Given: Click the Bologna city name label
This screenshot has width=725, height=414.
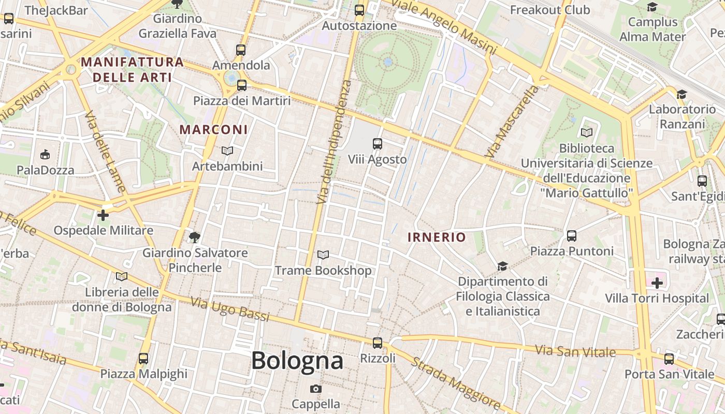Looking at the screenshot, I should pyautogui.click(x=297, y=361).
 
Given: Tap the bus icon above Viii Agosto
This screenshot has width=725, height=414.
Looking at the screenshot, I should pyautogui.click(x=378, y=144).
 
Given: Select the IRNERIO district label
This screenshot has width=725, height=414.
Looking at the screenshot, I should pyautogui.click(x=437, y=238).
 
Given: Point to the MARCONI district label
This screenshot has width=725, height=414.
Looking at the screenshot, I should pyautogui.click(x=213, y=129).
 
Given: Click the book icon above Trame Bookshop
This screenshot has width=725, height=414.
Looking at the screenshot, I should pyautogui.click(x=323, y=255).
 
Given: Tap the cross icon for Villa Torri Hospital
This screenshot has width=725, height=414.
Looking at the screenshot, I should pyautogui.click(x=657, y=283).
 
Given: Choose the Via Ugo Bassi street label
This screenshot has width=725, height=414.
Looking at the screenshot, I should pyautogui.click(x=229, y=309).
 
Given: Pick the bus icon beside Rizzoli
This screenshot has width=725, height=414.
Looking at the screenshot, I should pyautogui.click(x=378, y=343).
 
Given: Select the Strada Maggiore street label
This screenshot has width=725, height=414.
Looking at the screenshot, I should pyautogui.click(x=455, y=381).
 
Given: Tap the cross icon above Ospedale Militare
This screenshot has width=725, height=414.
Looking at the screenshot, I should pyautogui.click(x=103, y=215).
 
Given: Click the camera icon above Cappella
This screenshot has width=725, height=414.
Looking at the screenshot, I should pyautogui.click(x=315, y=389).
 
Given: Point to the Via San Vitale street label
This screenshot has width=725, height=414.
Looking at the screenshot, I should pyautogui.click(x=575, y=351).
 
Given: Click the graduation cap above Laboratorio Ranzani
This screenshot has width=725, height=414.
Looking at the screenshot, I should pyautogui.click(x=682, y=94).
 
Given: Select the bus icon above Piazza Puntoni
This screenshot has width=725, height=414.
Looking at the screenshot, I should pyautogui.click(x=572, y=236).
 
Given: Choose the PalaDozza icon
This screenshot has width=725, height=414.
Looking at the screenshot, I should pyautogui.click(x=45, y=154).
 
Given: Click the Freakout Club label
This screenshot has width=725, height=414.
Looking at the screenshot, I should pyautogui.click(x=549, y=10).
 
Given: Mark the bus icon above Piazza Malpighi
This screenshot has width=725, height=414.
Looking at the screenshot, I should pyautogui.click(x=143, y=358).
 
